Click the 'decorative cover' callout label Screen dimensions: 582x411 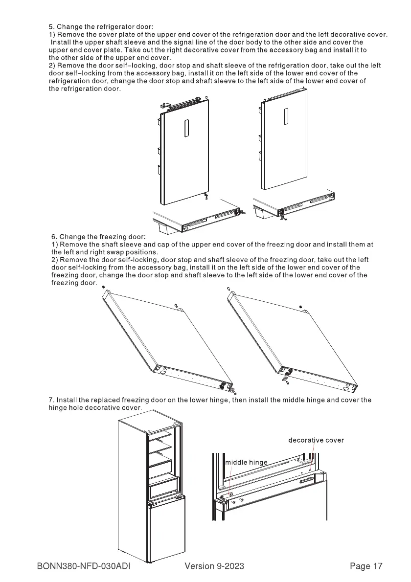316,440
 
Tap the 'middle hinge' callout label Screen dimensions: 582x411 246,462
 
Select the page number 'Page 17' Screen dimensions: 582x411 366,566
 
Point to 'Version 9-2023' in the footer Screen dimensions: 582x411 214,566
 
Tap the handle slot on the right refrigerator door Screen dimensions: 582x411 286,116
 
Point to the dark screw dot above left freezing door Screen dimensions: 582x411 104,287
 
